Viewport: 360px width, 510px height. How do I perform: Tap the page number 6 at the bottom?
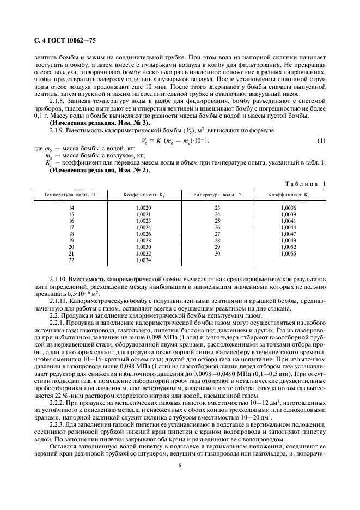(179, 465)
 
